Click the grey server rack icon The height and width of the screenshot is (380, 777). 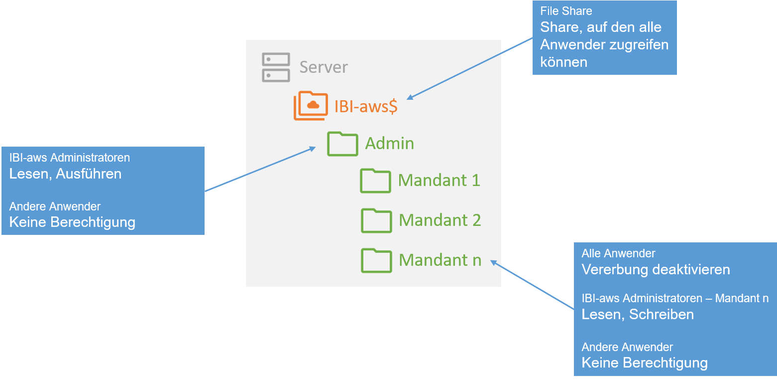click(276, 67)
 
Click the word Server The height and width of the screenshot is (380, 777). click(324, 67)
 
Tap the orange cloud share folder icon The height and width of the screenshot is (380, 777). click(311, 105)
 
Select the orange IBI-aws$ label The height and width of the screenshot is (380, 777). click(366, 106)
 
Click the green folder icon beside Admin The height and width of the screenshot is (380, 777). click(342, 144)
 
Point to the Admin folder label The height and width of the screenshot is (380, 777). click(390, 144)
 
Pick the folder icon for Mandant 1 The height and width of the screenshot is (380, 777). click(375, 181)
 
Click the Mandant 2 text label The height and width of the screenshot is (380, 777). click(440, 220)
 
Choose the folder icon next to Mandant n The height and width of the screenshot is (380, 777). click(376, 260)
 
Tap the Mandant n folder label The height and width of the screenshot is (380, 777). click(440, 260)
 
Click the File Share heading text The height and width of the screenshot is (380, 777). click(566, 11)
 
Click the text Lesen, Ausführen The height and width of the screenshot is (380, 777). click(65, 174)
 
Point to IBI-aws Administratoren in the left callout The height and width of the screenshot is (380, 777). click(70, 158)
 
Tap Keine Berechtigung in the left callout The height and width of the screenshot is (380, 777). click(72, 222)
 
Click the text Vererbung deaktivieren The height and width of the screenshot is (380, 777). click(656, 270)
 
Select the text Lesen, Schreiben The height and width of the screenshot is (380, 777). click(638, 314)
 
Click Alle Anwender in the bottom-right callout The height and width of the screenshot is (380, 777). click(618, 253)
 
